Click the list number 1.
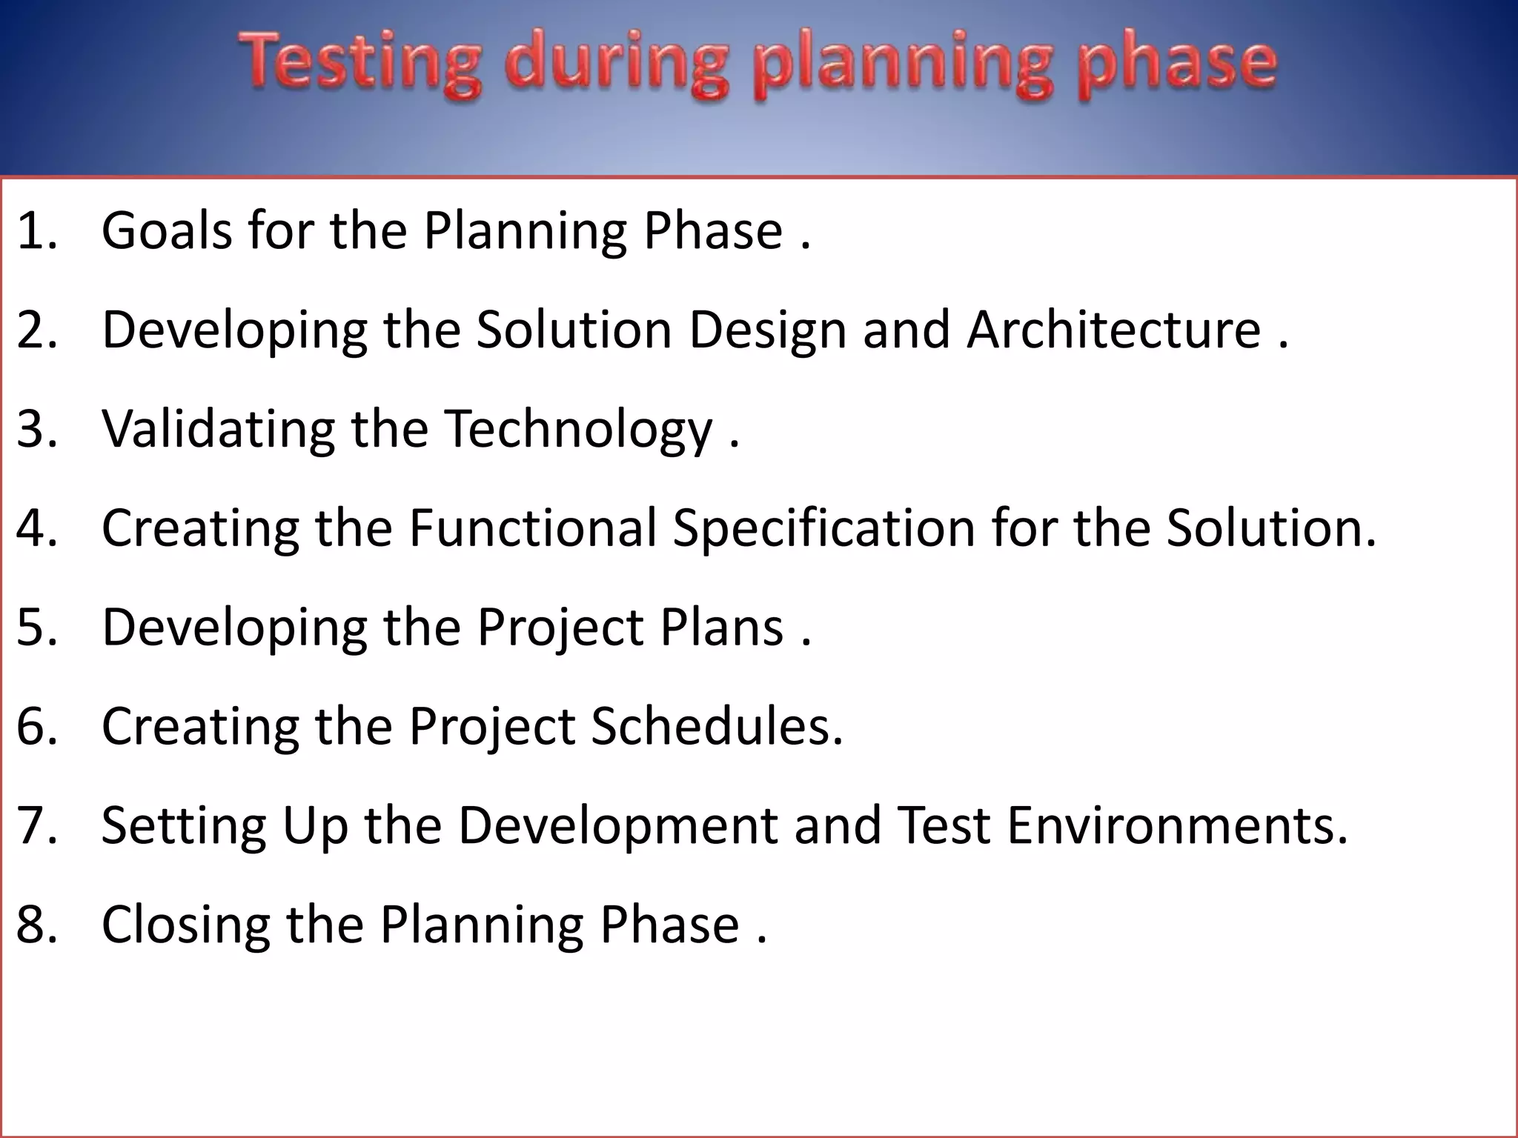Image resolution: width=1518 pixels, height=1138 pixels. coord(36,230)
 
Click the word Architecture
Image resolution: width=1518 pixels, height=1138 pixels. coord(1113,330)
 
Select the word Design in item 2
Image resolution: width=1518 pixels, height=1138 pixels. coord(767,331)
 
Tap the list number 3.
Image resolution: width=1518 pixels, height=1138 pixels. coord(36,429)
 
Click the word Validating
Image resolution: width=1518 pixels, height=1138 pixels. coord(218,429)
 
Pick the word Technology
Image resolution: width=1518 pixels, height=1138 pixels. coord(578,430)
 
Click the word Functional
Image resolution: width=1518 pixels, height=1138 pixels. coord(533,528)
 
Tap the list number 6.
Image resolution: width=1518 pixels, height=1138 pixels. coord(36,726)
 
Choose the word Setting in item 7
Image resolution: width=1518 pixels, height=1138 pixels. coord(183,827)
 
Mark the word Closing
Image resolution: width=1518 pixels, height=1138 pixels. coord(185,926)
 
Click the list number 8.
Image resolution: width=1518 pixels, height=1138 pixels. coord(36,925)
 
